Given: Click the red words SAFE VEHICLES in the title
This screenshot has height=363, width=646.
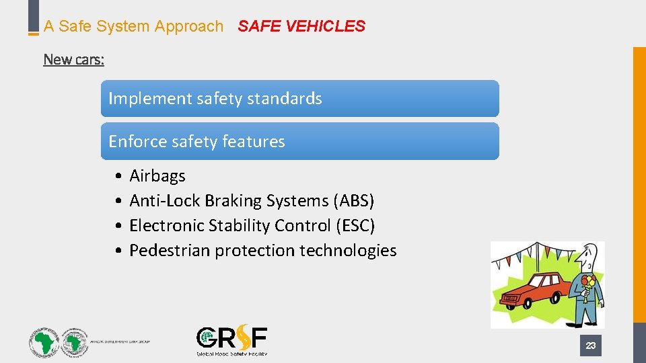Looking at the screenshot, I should (x=301, y=26).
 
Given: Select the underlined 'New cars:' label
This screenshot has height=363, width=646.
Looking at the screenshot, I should (x=73, y=59).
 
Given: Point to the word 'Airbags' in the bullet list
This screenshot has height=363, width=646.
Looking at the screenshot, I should (x=157, y=176).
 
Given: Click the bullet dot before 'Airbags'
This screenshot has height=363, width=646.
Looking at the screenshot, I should (x=118, y=177).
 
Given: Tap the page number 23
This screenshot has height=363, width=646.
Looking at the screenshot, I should (x=590, y=346).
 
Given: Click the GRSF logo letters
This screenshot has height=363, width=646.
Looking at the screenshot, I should (x=231, y=338).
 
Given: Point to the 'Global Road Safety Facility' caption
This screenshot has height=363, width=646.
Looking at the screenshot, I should (x=231, y=353).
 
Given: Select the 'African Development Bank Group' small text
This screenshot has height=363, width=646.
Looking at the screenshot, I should (x=121, y=341).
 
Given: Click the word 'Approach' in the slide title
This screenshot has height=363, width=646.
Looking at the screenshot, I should (x=189, y=26).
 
